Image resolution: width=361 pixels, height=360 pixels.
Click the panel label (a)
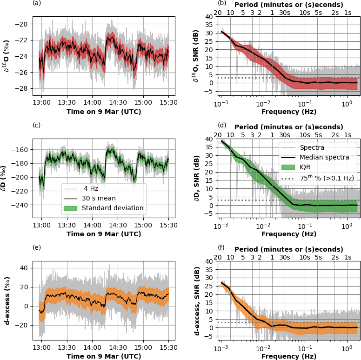tap(37, 3)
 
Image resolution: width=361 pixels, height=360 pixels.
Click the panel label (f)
tap(222, 247)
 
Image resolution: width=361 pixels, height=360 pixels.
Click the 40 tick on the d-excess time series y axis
tap(26, 268)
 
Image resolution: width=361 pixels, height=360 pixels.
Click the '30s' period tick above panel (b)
tap(285, 12)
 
